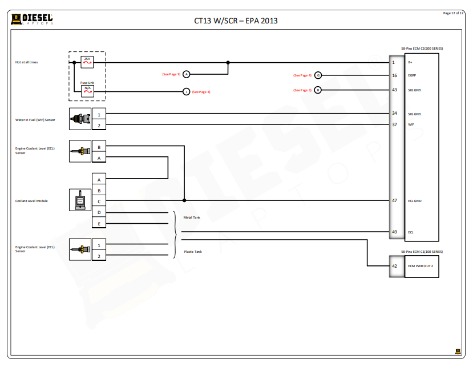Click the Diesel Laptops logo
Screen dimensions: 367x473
pyautogui.click(x=32, y=19)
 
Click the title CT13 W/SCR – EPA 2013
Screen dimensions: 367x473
pyautogui.click(x=236, y=21)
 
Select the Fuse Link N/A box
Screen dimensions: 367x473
pyautogui.click(x=87, y=88)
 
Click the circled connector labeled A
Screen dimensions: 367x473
pyautogui.click(x=186, y=74)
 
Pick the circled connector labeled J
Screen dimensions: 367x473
pyautogui.click(x=186, y=91)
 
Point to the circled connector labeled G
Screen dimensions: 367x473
pyautogui.click(x=318, y=75)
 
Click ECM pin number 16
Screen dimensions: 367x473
pyautogui.click(x=394, y=75)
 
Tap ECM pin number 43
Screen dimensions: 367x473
pyautogui.click(x=394, y=90)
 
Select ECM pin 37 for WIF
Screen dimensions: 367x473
pyautogui.click(x=394, y=124)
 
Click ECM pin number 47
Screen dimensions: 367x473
pyautogui.click(x=394, y=200)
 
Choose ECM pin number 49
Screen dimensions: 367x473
pyautogui.click(x=394, y=232)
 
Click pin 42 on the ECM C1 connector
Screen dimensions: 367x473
pyautogui.click(x=394, y=266)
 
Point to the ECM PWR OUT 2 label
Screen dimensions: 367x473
pyautogui.click(x=421, y=266)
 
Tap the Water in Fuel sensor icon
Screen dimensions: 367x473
pyautogui.click(x=80, y=119)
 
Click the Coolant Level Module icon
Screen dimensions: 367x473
pyautogui.click(x=80, y=200)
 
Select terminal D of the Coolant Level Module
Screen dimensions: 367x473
pyautogui.click(x=99, y=212)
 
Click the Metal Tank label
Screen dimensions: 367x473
pyautogui.click(x=191, y=217)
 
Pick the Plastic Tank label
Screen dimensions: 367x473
pyautogui.click(x=192, y=251)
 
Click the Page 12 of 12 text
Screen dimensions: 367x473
pyautogui.click(x=453, y=13)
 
